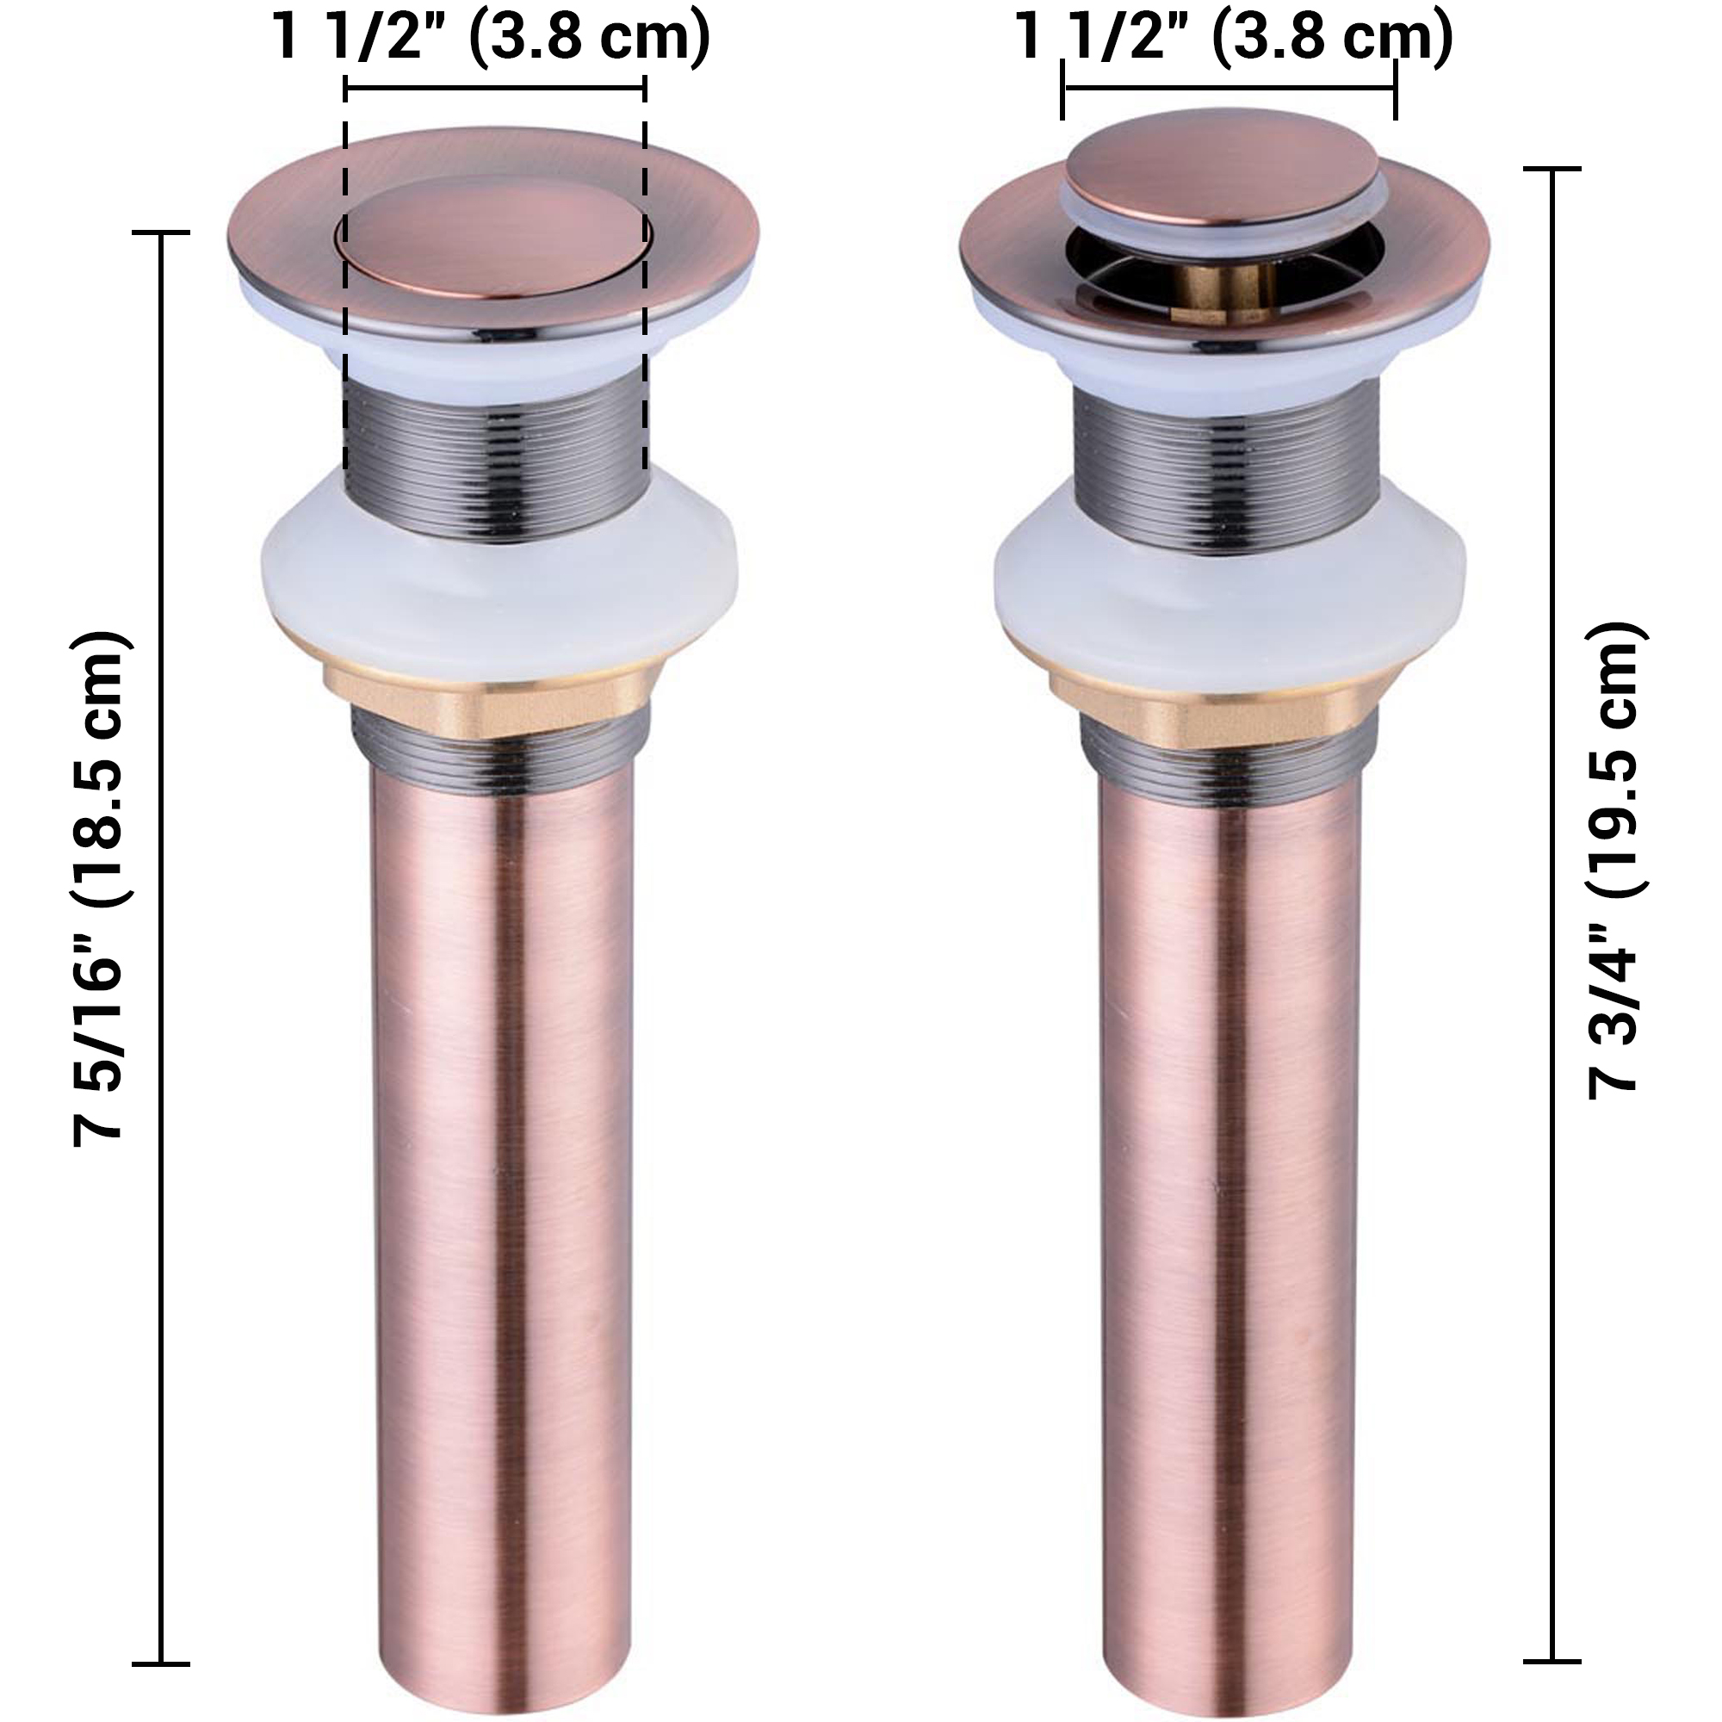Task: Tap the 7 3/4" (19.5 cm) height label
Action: (1613, 860)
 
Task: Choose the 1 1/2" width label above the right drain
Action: (1235, 37)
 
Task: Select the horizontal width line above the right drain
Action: (1229, 87)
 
